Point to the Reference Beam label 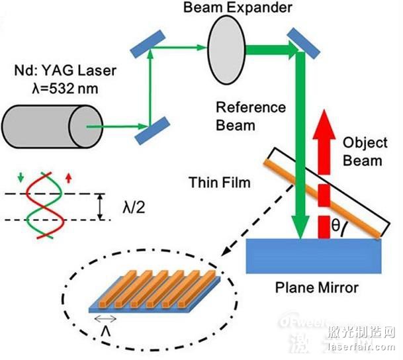pyautogui.click(x=251, y=115)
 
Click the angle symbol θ pyautogui.click(x=337, y=226)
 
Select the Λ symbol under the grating pyautogui.click(x=105, y=329)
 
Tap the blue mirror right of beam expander pyautogui.click(x=300, y=40)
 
